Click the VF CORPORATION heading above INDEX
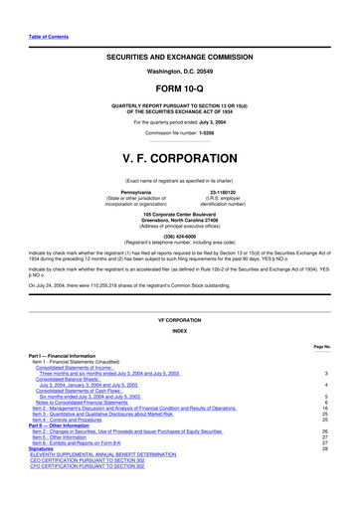tap(180, 348)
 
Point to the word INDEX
tap(180, 359)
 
